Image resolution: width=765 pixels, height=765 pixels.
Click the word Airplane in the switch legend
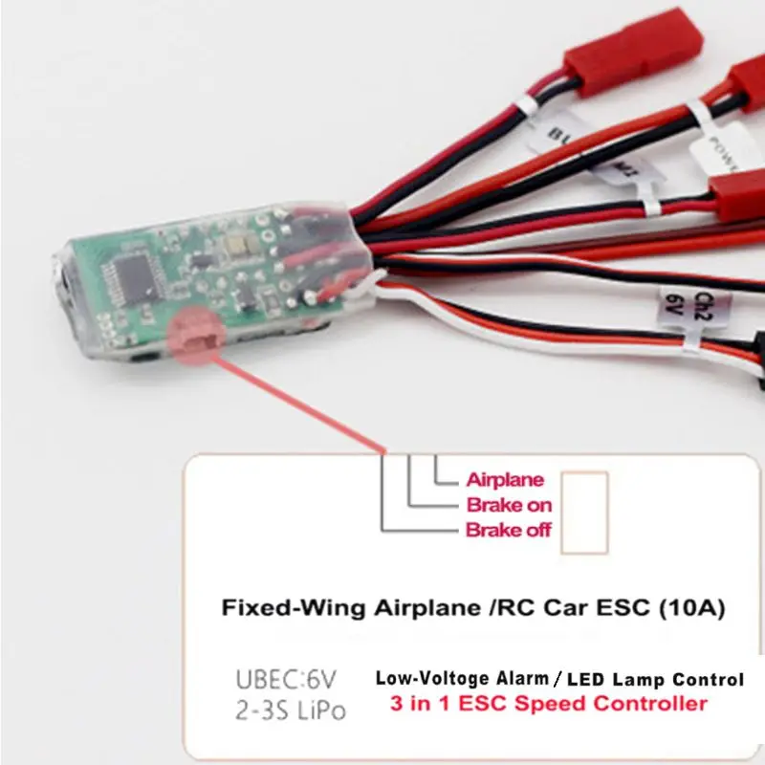(x=505, y=480)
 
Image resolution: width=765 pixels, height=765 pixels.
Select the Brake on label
(x=509, y=505)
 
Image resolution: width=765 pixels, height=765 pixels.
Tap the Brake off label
(x=509, y=530)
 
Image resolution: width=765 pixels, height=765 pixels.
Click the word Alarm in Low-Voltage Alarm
(x=514, y=680)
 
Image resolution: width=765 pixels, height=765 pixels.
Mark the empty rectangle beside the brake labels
(x=584, y=513)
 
